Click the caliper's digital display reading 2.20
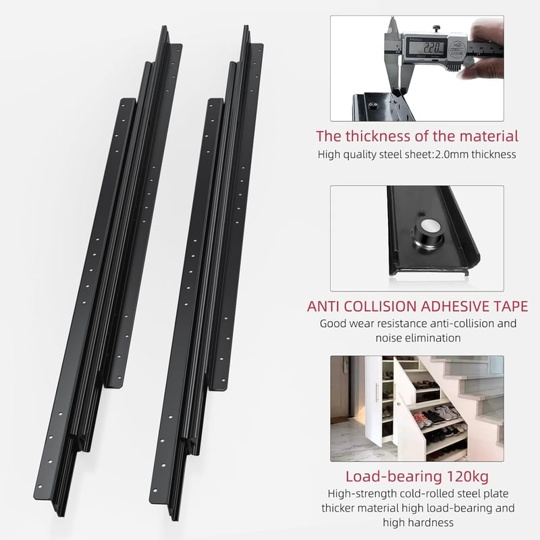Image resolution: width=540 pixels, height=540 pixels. pos(427,47)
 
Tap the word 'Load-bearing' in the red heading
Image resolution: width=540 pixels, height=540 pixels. pos(394,477)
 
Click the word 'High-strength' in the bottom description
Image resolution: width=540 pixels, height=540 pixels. pos(362,494)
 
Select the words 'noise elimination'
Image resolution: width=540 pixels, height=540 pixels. pos(418,338)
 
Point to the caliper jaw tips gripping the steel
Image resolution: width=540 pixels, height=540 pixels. pos(398,92)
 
